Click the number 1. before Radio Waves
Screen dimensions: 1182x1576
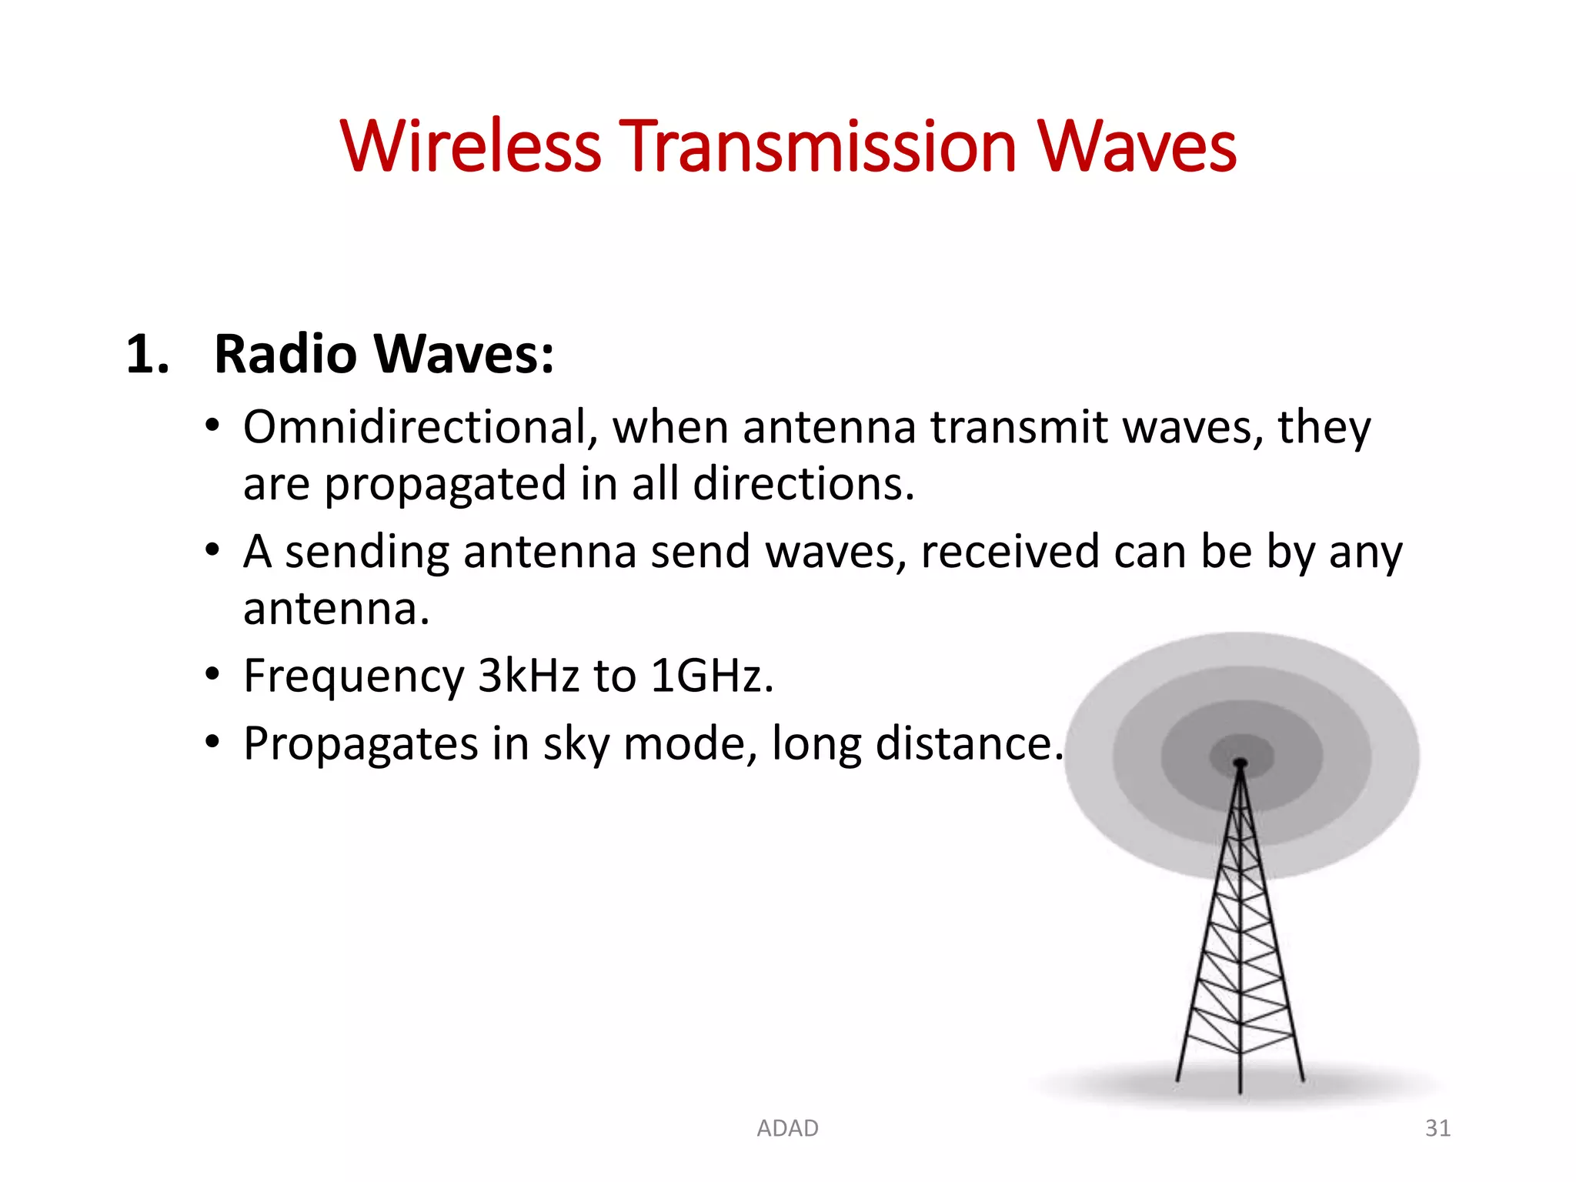tap(147, 355)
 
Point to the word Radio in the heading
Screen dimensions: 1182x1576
tap(285, 355)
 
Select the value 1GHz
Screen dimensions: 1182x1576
tap(711, 676)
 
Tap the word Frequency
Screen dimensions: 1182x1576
tap(353, 676)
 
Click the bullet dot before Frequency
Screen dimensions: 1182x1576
tap(212, 675)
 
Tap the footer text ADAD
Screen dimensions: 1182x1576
tap(787, 1128)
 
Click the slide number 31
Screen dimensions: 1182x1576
tap(1437, 1128)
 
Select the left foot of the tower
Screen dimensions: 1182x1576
tap(1178, 1079)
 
